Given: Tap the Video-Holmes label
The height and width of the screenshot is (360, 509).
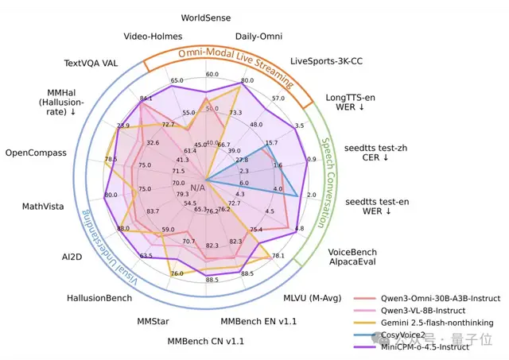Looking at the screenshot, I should tap(153, 36).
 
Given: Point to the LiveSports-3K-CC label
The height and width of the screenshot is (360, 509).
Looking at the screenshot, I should tap(325, 60).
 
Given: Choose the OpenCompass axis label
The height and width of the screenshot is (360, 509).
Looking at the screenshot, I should tap(39, 153).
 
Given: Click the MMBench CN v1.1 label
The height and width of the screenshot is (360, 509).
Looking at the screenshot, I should tap(205, 341).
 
